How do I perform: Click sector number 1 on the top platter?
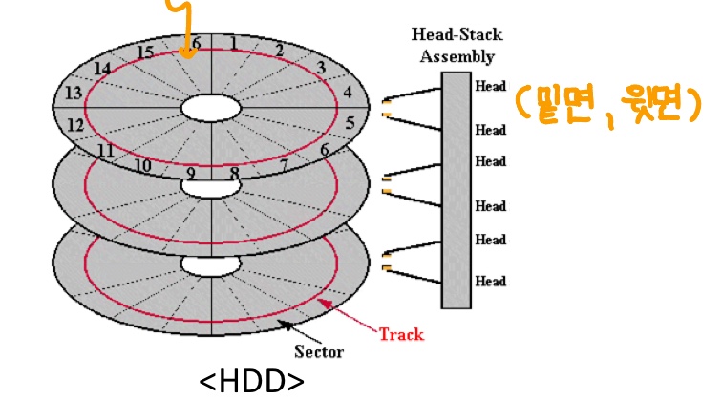click(234, 43)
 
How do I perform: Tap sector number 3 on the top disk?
click(321, 68)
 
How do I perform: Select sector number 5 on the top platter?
click(350, 123)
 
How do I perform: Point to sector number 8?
click(234, 173)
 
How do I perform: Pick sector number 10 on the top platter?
click(142, 165)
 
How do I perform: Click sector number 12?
click(75, 125)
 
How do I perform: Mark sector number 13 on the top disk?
click(74, 93)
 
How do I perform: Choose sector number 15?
click(145, 52)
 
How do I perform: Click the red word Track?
click(401, 334)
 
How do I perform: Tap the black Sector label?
click(319, 351)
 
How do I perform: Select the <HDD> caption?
click(251, 382)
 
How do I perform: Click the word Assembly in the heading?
click(457, 56)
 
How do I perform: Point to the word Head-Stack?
click(457, 34)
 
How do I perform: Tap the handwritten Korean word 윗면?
click(655, 105)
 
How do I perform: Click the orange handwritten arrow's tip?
click(187, 58)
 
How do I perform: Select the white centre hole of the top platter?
click(211, 108)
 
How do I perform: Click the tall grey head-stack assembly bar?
click(456, 190)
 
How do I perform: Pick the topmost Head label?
click(490, 86)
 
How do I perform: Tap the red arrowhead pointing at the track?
click(324, 304)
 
